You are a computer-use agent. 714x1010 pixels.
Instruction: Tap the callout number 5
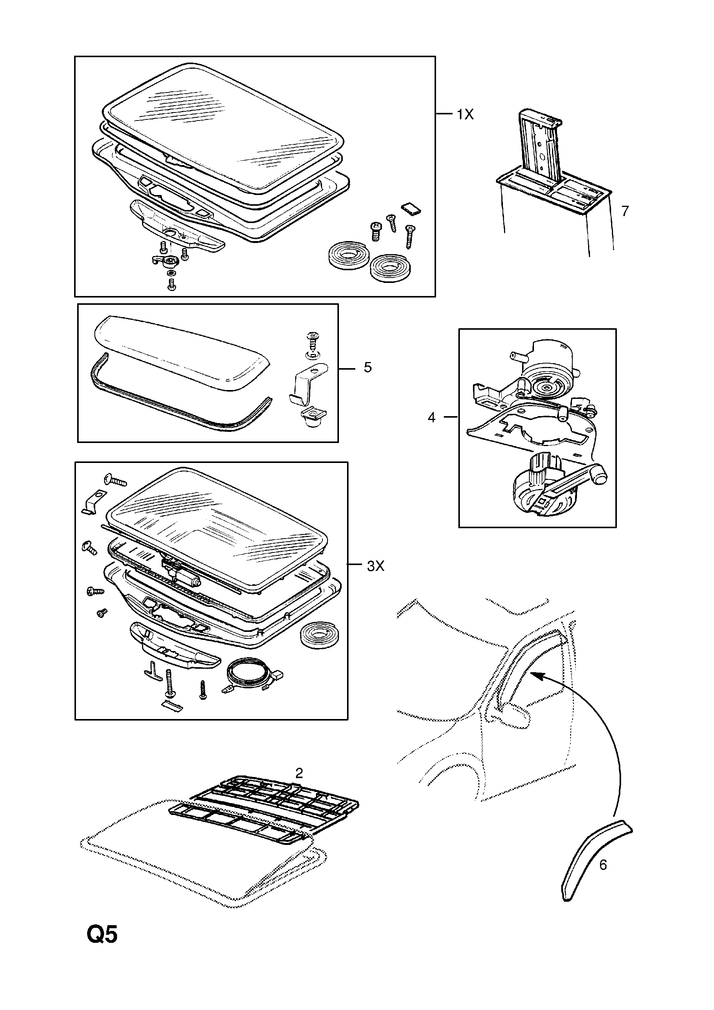point(368,367)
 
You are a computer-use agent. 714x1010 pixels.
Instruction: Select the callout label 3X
point(375,566)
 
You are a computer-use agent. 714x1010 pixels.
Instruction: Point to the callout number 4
point(431,417)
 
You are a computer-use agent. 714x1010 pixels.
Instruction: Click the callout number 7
point(625,211)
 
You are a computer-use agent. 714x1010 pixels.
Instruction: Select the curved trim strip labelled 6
point(590,858)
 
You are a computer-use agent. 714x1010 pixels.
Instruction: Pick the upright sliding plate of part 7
point(540,147)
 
